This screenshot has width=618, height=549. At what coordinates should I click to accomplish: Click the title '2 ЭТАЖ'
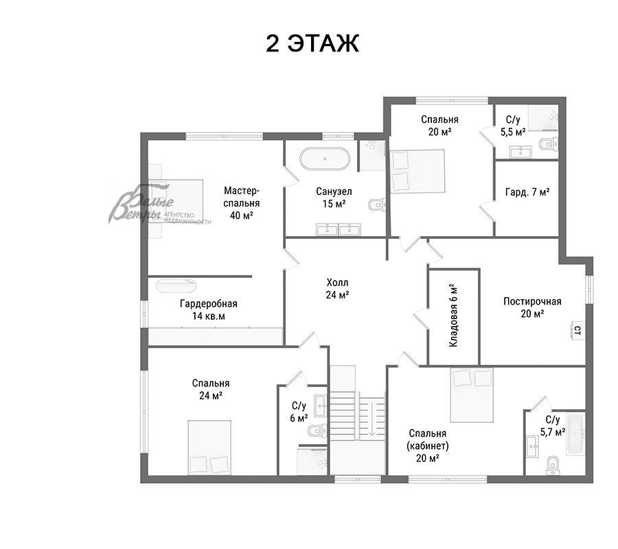pos(312,43)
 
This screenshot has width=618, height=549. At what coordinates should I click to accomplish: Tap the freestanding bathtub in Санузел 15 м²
pos(325,159)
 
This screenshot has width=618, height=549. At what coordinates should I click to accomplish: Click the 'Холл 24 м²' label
pos(337,288)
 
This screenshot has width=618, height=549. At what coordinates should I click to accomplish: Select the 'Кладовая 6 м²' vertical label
pos(454,315)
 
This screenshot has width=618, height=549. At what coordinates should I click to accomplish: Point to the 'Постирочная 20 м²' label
pos(532,307)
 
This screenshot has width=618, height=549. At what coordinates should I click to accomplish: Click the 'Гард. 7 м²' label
pos(527,192)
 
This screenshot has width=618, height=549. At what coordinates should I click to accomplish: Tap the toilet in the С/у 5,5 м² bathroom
pos(548,144)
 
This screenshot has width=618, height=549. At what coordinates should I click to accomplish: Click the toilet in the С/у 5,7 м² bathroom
pos(553,465)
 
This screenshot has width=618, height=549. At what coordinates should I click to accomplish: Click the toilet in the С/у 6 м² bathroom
pos(318,430)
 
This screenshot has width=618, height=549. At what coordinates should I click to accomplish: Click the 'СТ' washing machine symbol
pos(577,330)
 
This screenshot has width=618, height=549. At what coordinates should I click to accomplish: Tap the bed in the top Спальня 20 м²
pos(417,172)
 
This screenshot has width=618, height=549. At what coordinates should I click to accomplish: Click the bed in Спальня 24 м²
pos(209,448)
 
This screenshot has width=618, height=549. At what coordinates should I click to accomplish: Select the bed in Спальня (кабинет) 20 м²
pos(472,395)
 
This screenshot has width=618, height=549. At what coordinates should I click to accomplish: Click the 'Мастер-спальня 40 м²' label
pos(241,203)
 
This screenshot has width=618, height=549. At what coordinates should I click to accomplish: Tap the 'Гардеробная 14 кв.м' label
pos(209,309)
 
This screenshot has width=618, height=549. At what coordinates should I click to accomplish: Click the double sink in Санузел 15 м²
pos(338,229)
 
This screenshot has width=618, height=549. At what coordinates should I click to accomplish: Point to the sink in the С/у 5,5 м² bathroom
pos(520,152)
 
